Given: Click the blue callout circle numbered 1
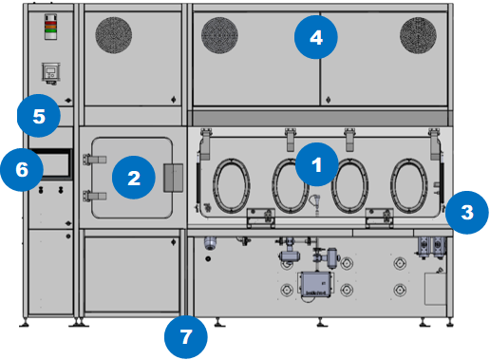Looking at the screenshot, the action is tap(317, 164).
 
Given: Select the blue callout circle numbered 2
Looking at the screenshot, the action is tap(134, 178).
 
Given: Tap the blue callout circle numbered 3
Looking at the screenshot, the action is tap(467, 213).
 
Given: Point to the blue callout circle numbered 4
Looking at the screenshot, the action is tap(316, 37).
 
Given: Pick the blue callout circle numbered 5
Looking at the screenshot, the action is tap(39, 116).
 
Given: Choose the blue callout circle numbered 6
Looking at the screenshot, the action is tap(22, 169).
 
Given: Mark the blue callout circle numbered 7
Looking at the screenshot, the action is tap(186, 337).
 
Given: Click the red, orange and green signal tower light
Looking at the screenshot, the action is tap(50, 27).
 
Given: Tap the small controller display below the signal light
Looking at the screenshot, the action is tap(50, 73).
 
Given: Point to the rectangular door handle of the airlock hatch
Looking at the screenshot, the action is tap(173, 178).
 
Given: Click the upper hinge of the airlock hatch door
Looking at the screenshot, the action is tap(94, 160).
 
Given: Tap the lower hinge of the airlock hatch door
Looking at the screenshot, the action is tap(94, 197).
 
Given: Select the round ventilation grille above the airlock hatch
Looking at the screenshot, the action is tap(114, 35).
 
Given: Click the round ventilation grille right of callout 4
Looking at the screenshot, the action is tap(418, 35).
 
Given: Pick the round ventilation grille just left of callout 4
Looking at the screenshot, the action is tap(219, 35).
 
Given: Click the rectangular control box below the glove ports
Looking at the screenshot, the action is tap(315, 284).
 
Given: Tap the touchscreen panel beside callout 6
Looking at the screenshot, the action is tap(55, 164).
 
